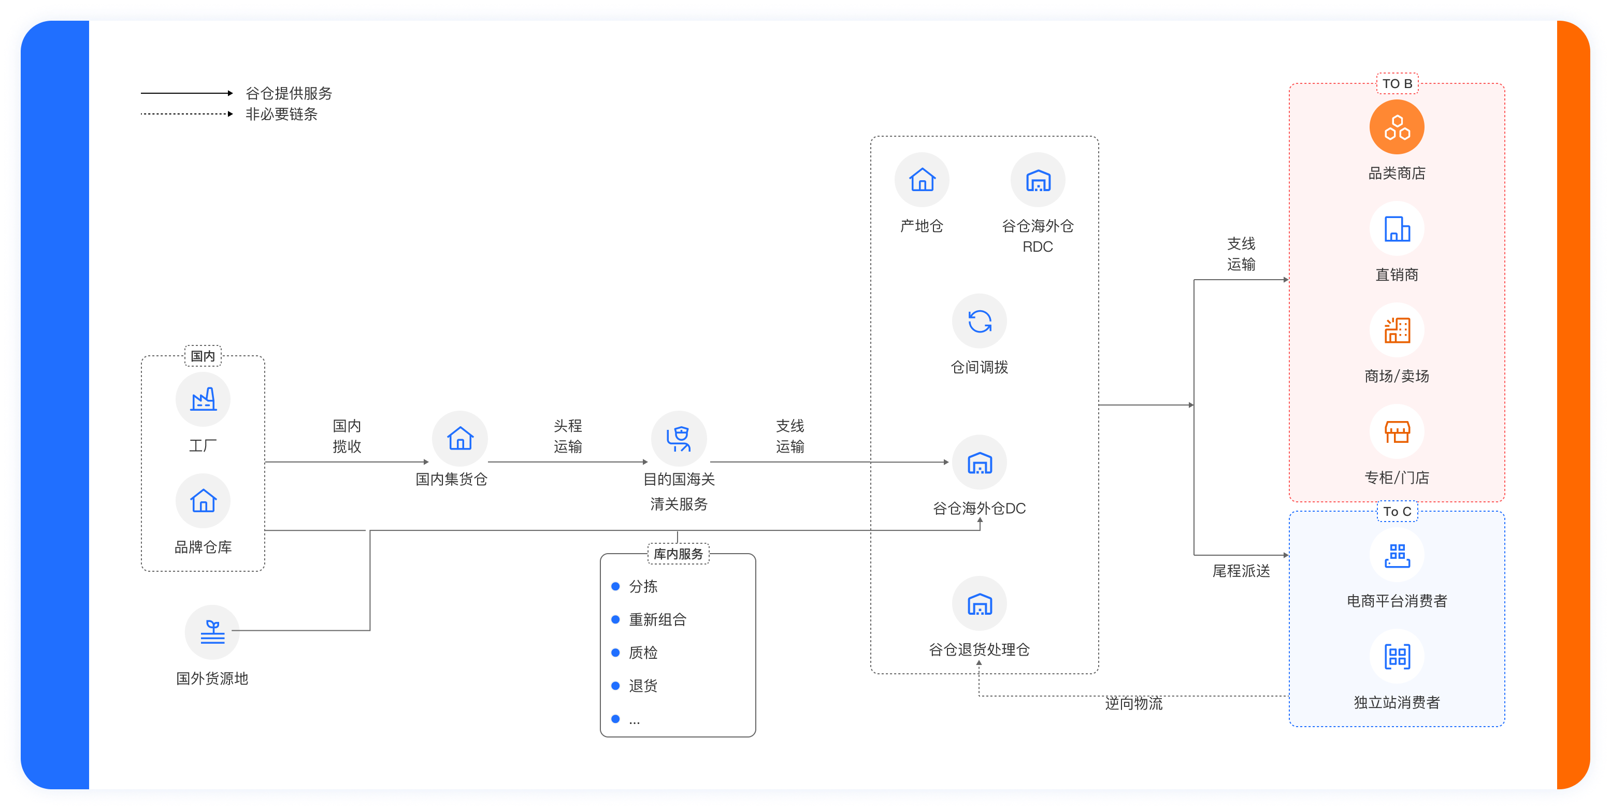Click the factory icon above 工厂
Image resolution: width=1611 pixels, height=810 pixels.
click(203, 399)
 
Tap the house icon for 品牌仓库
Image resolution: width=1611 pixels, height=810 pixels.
click(203, 500)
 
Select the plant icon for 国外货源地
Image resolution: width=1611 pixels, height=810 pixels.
click(212, 632)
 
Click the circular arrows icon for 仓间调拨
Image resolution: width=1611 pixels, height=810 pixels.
click(980, 322)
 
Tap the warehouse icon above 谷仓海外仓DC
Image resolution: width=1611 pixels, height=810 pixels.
click(980, 463)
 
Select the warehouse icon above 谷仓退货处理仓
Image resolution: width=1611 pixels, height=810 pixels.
click(980, 604)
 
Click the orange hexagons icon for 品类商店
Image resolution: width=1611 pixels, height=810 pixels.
click(1397, 127)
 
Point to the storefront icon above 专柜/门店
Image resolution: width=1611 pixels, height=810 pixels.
click(1397, 431)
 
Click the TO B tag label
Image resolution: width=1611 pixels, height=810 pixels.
click(1397, 84)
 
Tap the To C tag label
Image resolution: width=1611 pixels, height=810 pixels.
click(1397, 512)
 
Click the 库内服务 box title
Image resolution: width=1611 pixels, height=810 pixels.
click(678, 554)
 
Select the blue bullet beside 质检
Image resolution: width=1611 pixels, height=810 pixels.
click(615, 653)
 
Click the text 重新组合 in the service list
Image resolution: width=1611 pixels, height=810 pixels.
click(657, 619)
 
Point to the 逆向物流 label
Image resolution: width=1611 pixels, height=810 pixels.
click(1133, 703)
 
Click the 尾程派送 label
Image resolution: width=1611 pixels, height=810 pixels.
click(1241, 570)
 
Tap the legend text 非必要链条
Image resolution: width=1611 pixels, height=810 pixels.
click(281, 114)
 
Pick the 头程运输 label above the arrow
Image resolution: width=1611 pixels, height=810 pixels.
click(567, 436)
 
